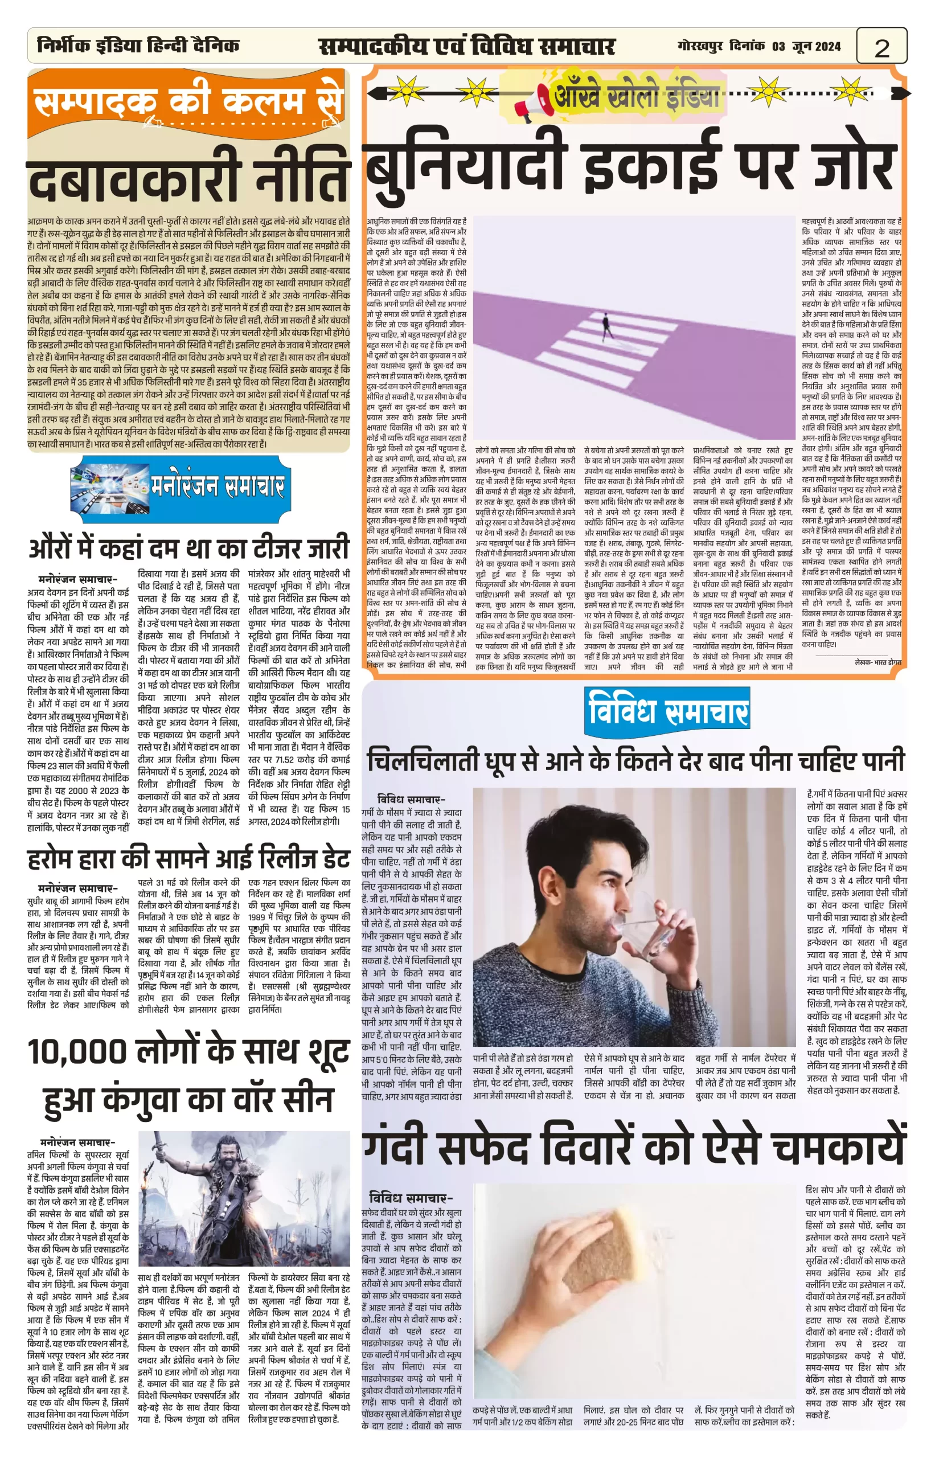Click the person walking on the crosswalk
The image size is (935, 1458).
point(606,326)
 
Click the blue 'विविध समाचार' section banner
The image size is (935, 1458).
point(667,710)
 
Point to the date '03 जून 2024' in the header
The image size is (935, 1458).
point(806,46)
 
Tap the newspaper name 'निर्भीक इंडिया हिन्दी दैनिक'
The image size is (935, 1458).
point(138,46)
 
